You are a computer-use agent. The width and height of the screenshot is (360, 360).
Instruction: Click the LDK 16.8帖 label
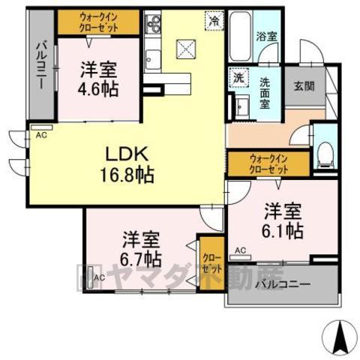tap(129, 164)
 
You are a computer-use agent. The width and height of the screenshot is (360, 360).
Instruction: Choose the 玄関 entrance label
tap(304, 85)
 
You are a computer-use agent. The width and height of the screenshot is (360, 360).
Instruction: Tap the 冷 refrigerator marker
tap(215, 22)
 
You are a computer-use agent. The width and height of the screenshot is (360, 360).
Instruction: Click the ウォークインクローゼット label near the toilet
tap(268, 163)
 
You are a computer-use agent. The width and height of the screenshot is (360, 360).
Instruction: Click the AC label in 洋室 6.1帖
tap(241, 250)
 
